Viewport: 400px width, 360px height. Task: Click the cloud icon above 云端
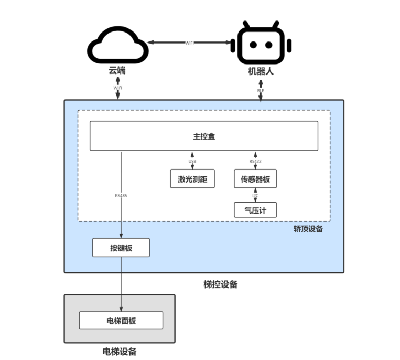[x=117, y=45]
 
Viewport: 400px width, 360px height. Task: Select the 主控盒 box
[x=204, y=136]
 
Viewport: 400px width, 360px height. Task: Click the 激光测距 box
[x=192, y=179]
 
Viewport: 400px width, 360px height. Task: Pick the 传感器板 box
[x=255, y=179]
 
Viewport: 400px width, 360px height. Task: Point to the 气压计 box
[x=255, y=210]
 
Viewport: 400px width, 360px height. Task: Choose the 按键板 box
[x=121, y=248]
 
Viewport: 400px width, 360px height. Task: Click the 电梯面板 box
[x=121, y=320]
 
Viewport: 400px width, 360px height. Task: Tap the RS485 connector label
[x=121, y=195]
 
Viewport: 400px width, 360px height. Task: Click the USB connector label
[x=192, y=161]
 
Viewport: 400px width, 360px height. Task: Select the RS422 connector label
[x=255, y=161]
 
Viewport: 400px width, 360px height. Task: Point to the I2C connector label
[x=255, y=195]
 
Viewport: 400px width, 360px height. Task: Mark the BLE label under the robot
[x=261, y=91]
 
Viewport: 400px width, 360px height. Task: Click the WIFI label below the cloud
[x=118, y=88]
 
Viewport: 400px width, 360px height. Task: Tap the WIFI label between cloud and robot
[x=190, y=43]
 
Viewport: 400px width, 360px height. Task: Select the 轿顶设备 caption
[x=308, y=229]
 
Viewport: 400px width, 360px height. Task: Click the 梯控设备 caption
[x=220, y=284]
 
